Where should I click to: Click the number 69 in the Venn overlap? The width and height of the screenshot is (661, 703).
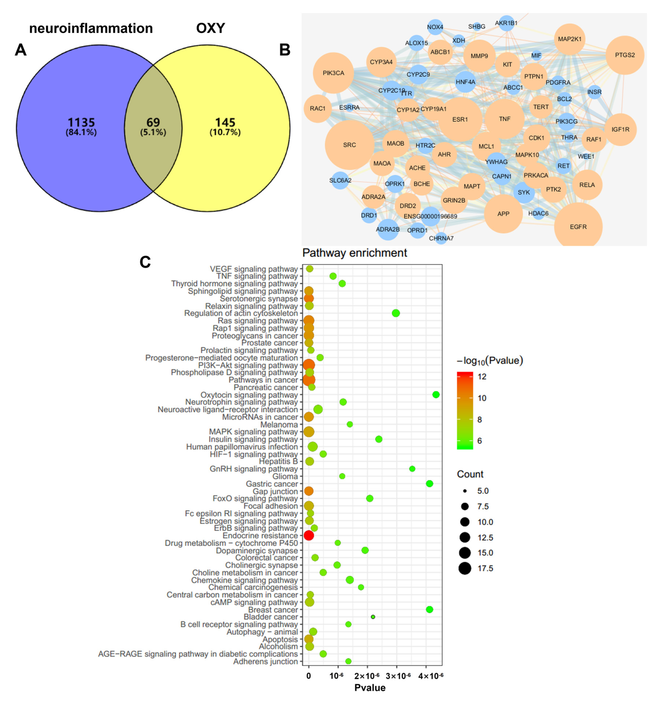[153, 122]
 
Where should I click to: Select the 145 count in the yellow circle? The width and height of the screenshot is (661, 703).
[225, 122]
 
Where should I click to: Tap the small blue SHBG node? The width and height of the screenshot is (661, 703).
[477, 27]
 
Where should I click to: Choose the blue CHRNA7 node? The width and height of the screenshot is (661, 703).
[441, 238]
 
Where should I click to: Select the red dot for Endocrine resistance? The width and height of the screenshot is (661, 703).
[309, 535]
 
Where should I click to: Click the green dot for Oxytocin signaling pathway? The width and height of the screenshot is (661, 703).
[436, 395]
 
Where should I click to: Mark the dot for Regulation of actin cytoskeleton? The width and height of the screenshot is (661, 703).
[396, 313]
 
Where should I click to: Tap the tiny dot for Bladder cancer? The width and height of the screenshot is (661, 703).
[373, 617]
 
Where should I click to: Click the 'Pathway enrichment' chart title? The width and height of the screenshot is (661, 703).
[354, 253]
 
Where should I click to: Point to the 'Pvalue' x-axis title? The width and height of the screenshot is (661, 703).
[370, 687]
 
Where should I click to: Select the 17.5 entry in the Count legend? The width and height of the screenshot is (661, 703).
[485, 568]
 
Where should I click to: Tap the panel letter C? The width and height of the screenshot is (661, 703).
[145, 262]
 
